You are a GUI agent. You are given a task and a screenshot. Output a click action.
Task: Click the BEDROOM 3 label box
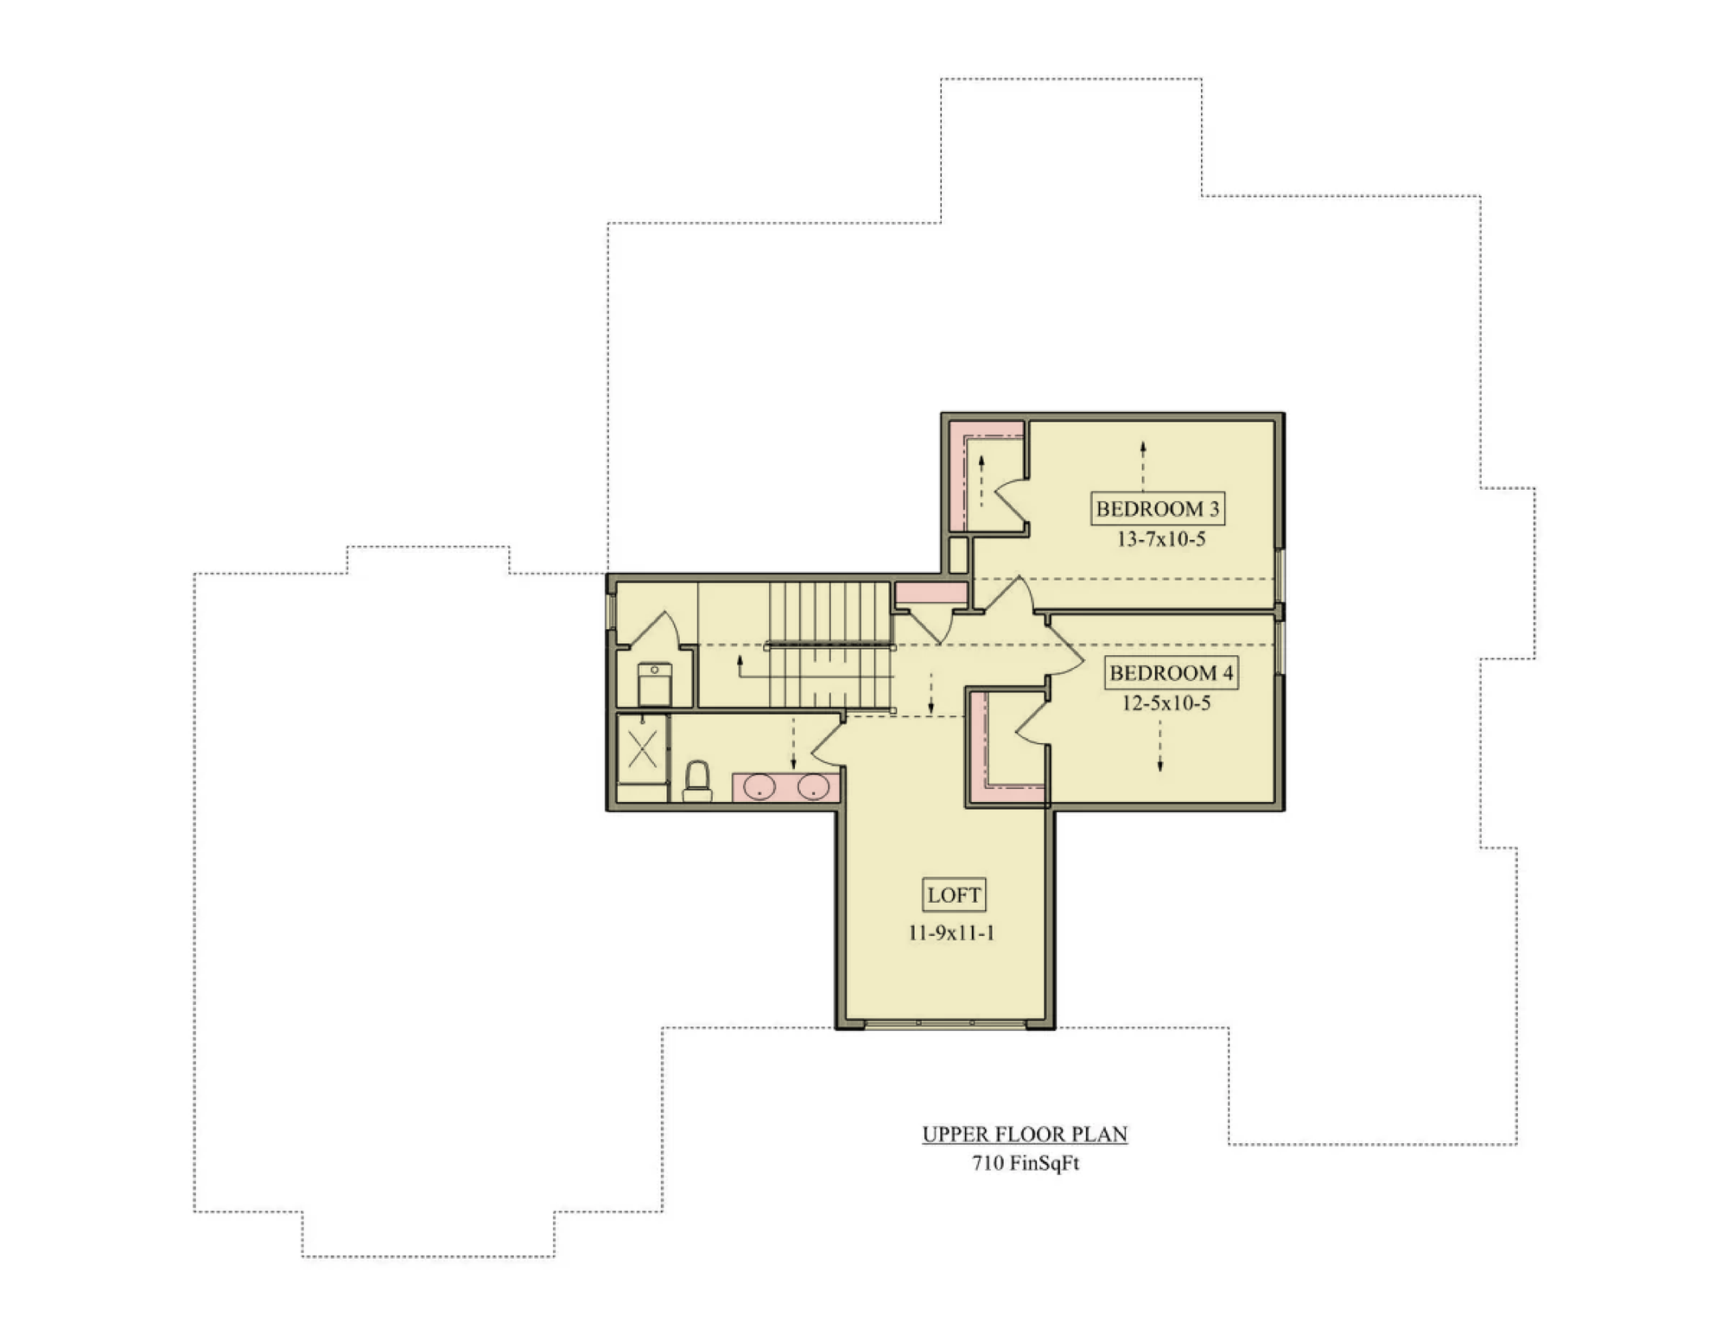coord(1158,508)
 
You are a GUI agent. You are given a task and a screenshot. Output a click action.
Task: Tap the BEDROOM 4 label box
coord(1172,672)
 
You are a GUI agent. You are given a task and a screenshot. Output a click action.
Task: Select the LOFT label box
coord(954,895)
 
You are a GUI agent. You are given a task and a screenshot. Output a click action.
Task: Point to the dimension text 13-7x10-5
coord(1161,539)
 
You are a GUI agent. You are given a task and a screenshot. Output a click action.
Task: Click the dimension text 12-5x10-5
coord(1166,703)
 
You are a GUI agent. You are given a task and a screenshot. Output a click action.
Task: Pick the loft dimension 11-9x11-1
coord(951,932)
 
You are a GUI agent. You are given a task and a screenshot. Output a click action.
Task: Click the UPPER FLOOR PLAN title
coord(1025,1134)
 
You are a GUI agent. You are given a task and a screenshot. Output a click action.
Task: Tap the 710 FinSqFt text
coord(1026,1163)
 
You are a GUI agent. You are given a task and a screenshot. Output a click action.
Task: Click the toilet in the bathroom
coord(697,781)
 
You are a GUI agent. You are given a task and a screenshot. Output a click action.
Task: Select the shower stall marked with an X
coord(642,749)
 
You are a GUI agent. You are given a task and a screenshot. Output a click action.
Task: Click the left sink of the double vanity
coord(759,787)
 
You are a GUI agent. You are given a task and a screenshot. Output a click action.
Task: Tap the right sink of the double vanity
coord(813,787)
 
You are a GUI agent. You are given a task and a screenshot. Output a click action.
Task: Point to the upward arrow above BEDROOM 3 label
coord(1143,465)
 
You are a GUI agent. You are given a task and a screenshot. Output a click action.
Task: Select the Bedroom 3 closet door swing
coord(1012,502)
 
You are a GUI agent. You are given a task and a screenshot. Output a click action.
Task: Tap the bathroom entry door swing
coord(827,742)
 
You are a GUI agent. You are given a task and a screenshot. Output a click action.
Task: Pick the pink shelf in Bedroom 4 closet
coord(980,747)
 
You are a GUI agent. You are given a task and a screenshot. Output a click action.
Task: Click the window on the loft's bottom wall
coord(945,1023)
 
